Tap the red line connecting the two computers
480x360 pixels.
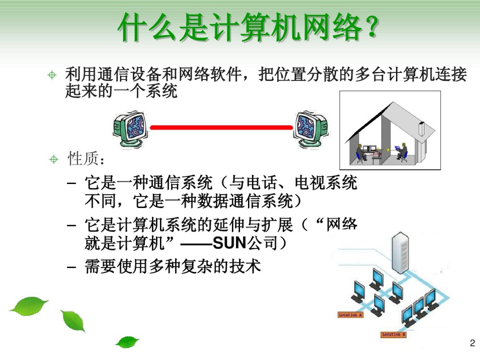(221, 127)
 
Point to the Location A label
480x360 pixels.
(350, 315)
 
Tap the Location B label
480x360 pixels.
(394, 334)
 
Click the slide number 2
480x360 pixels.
(472, 343)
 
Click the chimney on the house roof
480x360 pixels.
(421, 129)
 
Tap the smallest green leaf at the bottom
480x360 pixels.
(127, 342)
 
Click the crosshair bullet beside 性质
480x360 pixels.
(54, 159)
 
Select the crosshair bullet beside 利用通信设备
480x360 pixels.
(52, 75)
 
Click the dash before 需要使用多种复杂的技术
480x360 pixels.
(72, 267)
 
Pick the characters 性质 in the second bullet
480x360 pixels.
(83, 158)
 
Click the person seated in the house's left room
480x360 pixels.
(360, 153)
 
